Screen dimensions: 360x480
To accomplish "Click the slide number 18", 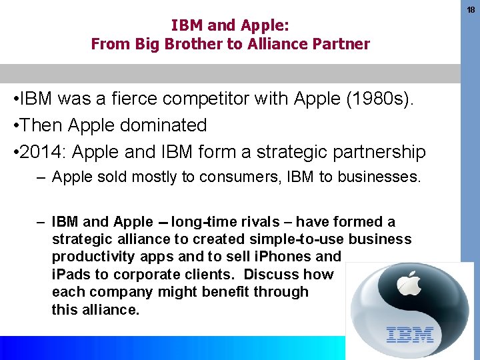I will pyautogui.click(x=471, y=10).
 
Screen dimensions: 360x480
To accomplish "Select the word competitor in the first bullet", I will pyautogui.click(x=227, y=99).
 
